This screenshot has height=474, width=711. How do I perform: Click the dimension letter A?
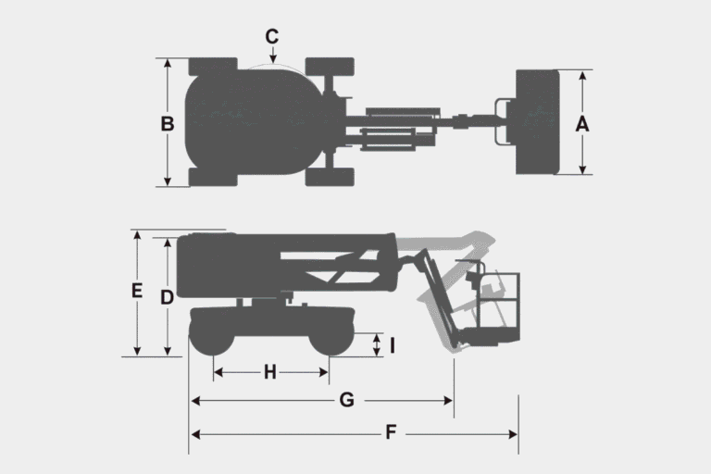click(582, 124)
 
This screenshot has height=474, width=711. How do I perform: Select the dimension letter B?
click(168, 124)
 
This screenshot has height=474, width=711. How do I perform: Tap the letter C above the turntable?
click(272, 37)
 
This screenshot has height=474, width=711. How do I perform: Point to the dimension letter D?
click(168, 297)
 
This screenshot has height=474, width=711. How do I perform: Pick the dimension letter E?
click(137, 291)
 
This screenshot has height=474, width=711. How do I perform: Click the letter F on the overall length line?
click(391, 432)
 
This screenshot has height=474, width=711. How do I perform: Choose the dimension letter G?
click(347, 400)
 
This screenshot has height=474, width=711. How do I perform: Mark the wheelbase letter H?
click(270, 372)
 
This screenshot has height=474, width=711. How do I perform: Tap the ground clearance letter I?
click(393, 345)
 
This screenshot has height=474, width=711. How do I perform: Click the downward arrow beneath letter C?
click(273, 55)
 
